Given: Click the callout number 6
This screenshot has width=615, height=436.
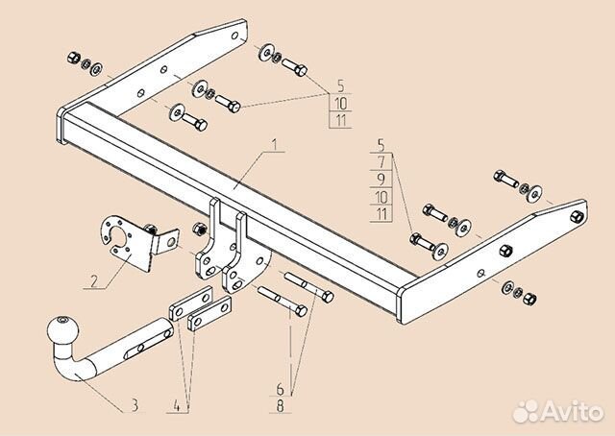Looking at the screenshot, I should [280, 389].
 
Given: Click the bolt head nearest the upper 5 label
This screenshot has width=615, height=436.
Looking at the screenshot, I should [298, 72].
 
